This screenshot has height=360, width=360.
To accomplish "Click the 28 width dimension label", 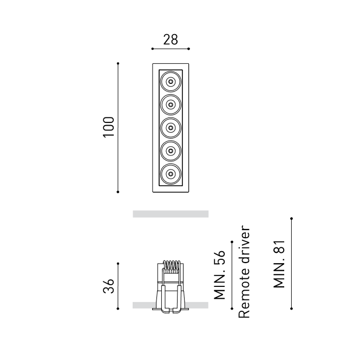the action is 171,40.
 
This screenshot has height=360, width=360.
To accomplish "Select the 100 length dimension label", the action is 109,127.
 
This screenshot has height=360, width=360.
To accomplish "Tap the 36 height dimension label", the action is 109,286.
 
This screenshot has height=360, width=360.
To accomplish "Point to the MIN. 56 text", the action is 219,275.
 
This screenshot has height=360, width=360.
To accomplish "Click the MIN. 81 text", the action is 279,264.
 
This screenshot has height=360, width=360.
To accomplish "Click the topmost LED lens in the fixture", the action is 171,82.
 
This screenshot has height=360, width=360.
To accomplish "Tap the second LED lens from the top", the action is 171,104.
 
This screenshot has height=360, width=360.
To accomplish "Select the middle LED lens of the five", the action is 171,128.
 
